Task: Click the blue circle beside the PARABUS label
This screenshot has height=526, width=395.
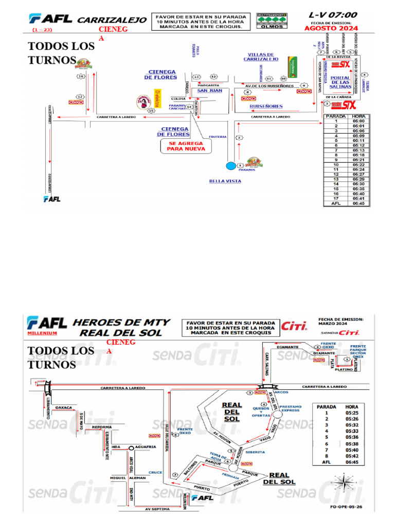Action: pos(231,165)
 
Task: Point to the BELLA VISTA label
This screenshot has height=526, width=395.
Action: pos(225,181)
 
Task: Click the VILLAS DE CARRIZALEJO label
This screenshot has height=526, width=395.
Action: pos(261,57)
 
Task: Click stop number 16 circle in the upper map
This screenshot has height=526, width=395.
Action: pos(81,77)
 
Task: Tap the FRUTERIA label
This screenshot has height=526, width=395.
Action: pos(218,137)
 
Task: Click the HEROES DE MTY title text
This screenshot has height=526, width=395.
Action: pos(121,322)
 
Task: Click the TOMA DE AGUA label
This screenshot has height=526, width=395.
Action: pos(218,456)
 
